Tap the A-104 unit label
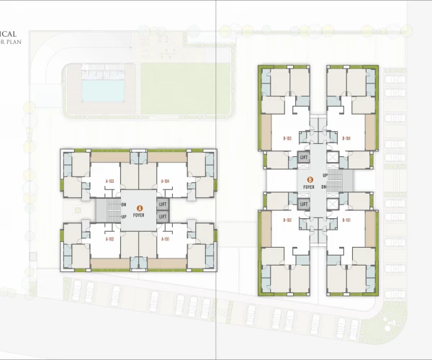[x=165, y=181]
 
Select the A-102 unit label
[x=110, y=238]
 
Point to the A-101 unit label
[x=165, y=238]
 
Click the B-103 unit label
[x=287, y=138]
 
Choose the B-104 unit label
[x=346, y=138]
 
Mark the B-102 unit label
[x=287, y=220]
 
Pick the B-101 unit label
[x=346, y=220]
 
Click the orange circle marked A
[x=139, y=207]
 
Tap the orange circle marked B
[x=310, y=180]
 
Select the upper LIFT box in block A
[x=163, y=206]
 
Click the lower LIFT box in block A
[x=163, y=216]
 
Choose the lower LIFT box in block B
[x=304, y=204]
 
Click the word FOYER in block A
[x=139, y=215]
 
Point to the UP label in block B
[x=325, y=176]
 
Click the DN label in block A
[x=124, y=205]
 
